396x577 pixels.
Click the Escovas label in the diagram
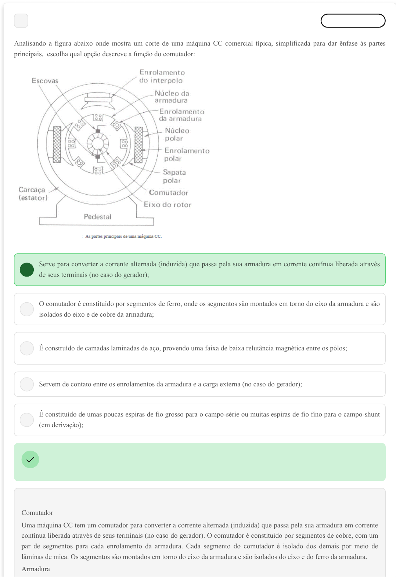pos(45,81)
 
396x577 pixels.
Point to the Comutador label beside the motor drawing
pos(169,193)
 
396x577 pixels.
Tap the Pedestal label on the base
pos(98,217)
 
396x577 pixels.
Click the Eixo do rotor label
pos(168,205)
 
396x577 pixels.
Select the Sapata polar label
pos(174,176)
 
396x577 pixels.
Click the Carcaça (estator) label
pos(33,194)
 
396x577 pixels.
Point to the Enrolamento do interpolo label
pos(162,76)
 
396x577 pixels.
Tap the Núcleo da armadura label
pos(172,97)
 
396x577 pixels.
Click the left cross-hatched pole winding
pos(57,144)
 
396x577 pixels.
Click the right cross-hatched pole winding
pos(138,145)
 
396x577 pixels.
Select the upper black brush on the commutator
pos(98,131)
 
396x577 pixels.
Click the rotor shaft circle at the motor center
pos(98,144)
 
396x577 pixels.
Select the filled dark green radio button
pos(27,270)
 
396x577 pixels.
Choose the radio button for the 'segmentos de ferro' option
pos(27,309)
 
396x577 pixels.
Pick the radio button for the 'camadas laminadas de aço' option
pos(27,348)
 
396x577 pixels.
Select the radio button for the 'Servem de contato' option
pos(27,384)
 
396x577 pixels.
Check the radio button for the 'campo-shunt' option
pos(27,420)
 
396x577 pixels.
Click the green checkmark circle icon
pos(30,459)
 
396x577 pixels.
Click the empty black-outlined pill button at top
pos(353,21)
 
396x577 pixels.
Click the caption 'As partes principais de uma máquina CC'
pos(123,237)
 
